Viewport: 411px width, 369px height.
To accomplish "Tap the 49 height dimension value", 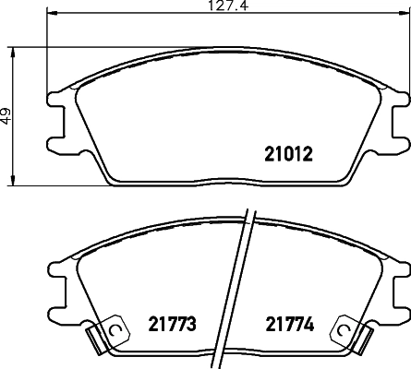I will coord(6,117).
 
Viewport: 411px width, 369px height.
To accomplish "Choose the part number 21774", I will coord(289,324).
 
